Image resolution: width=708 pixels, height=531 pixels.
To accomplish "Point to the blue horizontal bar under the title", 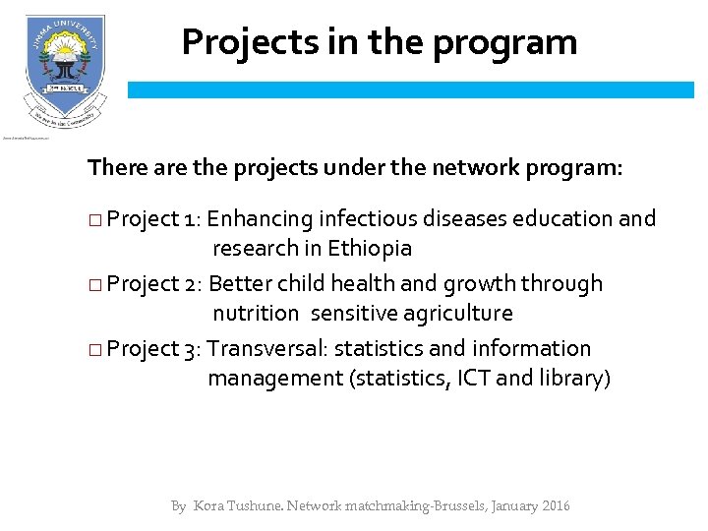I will click(x=410, y=89).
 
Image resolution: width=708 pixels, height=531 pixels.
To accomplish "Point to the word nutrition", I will click(x=256, y=314).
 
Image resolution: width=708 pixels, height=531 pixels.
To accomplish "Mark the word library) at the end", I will click(x=574, y=379).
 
